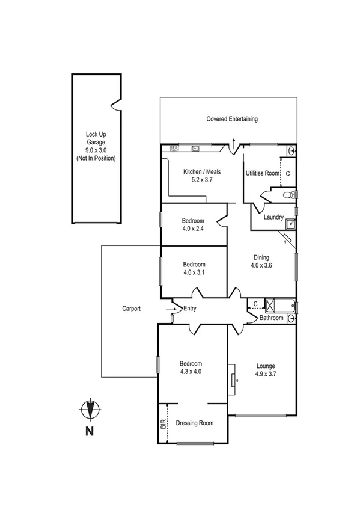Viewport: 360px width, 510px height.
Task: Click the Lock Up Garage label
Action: pyautogui.click(x=96, y=146)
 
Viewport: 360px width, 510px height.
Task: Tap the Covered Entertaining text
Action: pyautogui.click(x=232, y=119)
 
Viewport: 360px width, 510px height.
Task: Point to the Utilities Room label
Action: pyautogui.click(x=263, y=173)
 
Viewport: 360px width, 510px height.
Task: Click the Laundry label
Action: pyautogui.click(x=273, y=217)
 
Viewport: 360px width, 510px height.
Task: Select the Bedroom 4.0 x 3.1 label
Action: pyautogui.click(x=194, y=268)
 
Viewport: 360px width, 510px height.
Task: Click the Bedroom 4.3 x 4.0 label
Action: pyautogui.click(x=191, y=367)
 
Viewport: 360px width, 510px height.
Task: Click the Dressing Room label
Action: pyautogui.click(x=195, y=423)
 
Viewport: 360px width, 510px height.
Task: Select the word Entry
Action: pyautogui.click(x=190, y=309)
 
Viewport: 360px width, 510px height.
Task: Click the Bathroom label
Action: pyautogui.click(x=271, y=318)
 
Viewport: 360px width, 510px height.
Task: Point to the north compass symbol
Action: pyautogui.click(x=89, y=409)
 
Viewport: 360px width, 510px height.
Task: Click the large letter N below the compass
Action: pyautogui.click(x=89, y=431)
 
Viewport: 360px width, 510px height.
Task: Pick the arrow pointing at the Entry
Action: pyautogui.click(x=171, y=309)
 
